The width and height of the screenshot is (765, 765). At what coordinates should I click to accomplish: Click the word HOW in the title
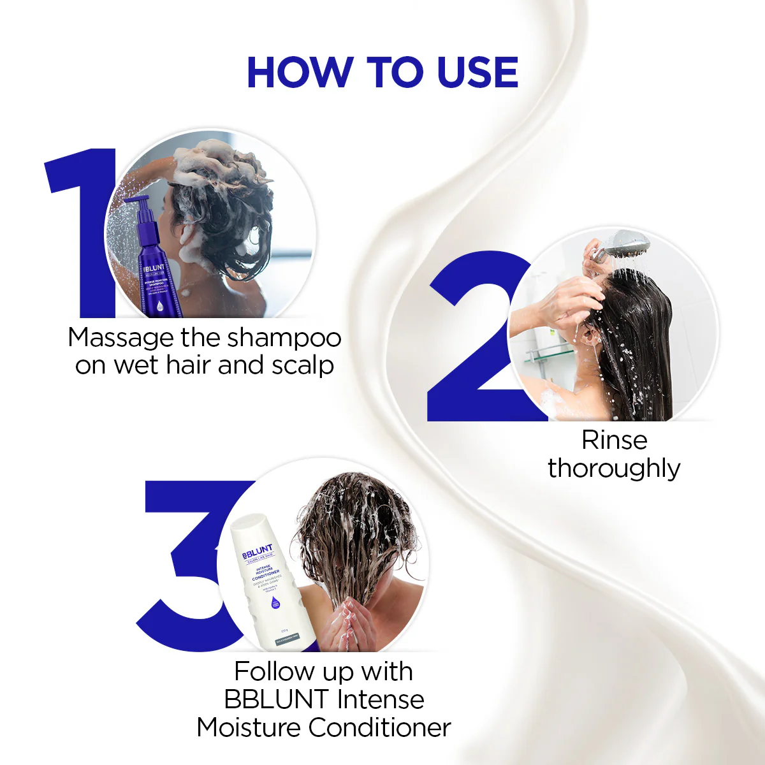[x=298, y=72]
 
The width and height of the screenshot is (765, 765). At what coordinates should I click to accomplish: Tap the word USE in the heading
[x=477, y=72]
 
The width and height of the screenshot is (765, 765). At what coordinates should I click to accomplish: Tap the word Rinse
[x=614, y=440]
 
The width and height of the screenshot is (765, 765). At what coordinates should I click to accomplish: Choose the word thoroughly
[x=614, y=469]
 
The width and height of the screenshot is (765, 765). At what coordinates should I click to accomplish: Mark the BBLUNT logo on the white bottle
[x=258, y=552]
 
